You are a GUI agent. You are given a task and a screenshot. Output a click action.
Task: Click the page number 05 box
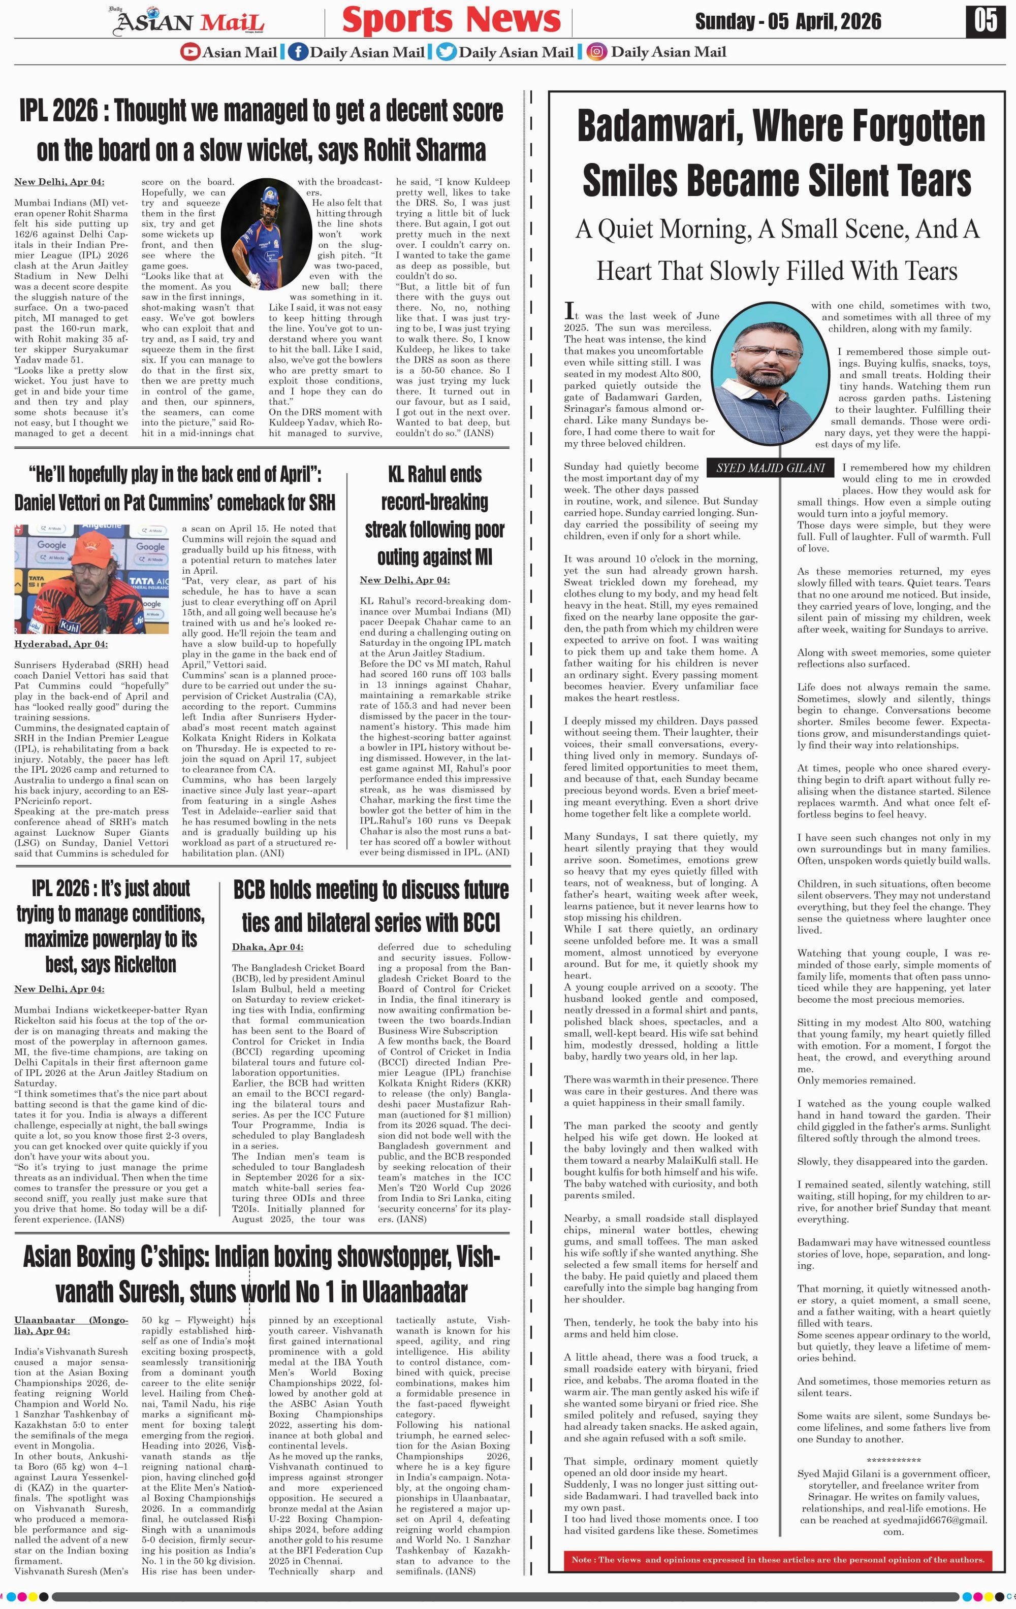click(x=985, y=21)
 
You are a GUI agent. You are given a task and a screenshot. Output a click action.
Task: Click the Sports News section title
click(x=451, y=20)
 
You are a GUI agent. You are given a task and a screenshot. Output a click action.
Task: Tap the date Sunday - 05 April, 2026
click(x=787, y=21)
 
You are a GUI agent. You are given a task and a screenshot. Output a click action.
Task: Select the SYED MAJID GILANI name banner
click(x=770, y=468)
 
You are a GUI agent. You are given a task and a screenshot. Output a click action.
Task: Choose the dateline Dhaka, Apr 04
click(x=267, y=947)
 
